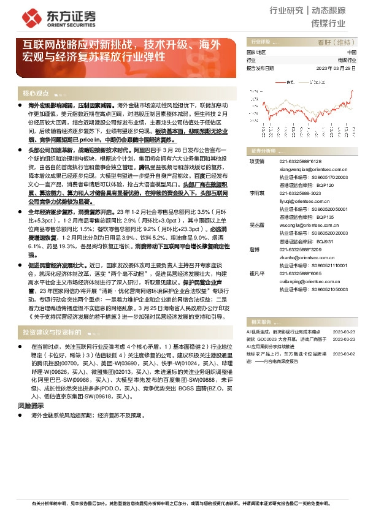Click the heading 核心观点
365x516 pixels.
(35, 94)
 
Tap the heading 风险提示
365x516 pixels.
(30, 406)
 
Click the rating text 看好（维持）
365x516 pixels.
(336, 42)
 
